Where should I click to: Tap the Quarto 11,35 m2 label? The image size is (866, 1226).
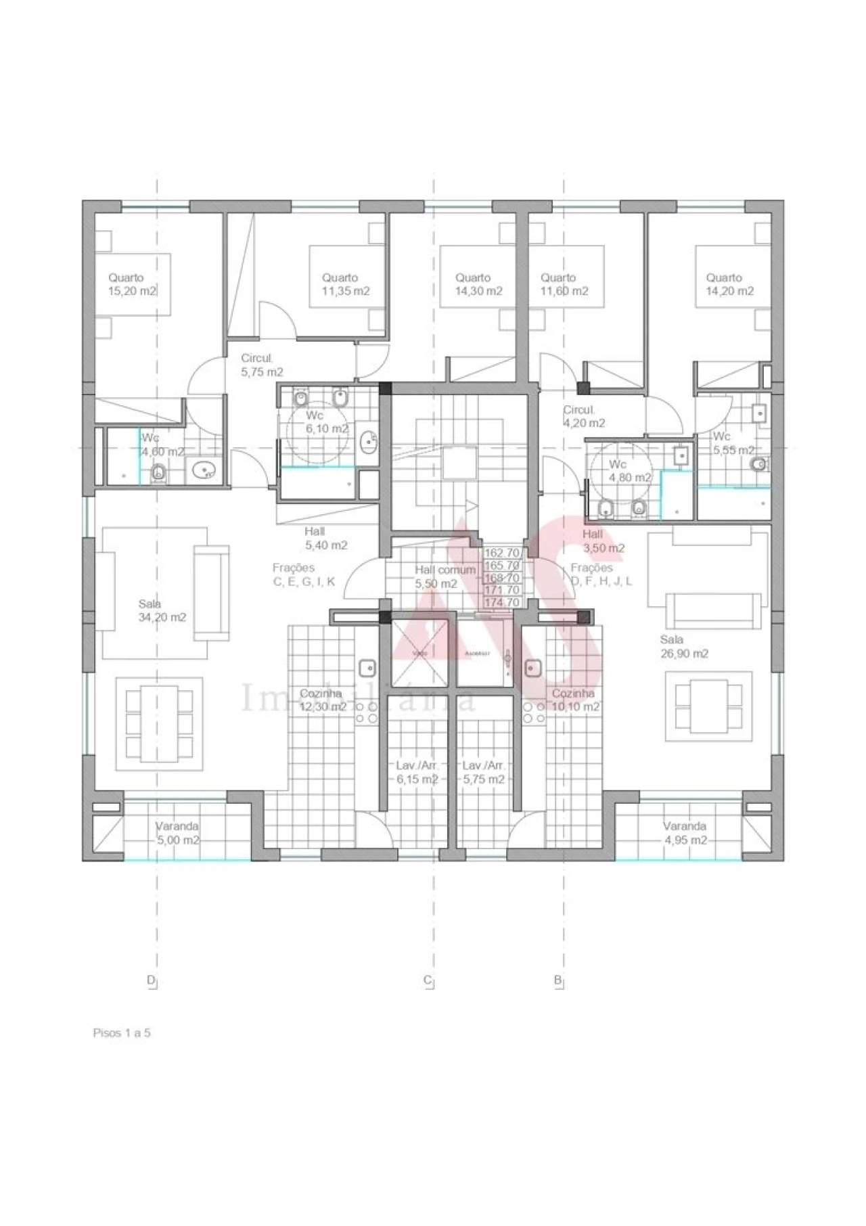pos(345,285)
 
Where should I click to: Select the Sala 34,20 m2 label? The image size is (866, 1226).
pos(162,611)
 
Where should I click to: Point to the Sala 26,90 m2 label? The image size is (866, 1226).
pos(684,647)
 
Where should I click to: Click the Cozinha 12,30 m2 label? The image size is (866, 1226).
pos(322,700)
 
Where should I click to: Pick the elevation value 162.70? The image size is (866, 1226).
pos(502,553)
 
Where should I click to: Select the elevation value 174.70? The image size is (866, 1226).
pos(502,602)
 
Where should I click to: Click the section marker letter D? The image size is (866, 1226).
pos(150,980)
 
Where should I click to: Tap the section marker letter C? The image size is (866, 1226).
pos(428,980)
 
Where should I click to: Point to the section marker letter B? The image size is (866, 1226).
pos(557,980)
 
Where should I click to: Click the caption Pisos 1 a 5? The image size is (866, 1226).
pos(121,1033)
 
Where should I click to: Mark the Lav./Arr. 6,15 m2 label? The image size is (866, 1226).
pos(417,773)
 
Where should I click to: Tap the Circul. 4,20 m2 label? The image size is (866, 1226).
pos(584,417)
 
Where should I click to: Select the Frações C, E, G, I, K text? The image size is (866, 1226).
pos(303,575)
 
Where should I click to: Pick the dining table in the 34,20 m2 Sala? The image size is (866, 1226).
pos(159,722)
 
